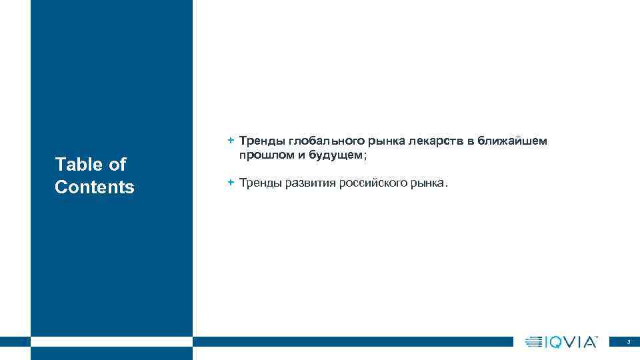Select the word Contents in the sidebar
[95, 187]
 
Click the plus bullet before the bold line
[230, 141]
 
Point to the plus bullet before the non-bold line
[230, 182]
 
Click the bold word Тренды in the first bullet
[262, 141]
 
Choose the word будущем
[334, 155]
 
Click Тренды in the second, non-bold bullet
[261, 183]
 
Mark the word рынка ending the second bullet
[430, 183]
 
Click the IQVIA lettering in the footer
[572, 342]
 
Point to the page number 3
[628, 342]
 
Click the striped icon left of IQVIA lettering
[534, 342]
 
